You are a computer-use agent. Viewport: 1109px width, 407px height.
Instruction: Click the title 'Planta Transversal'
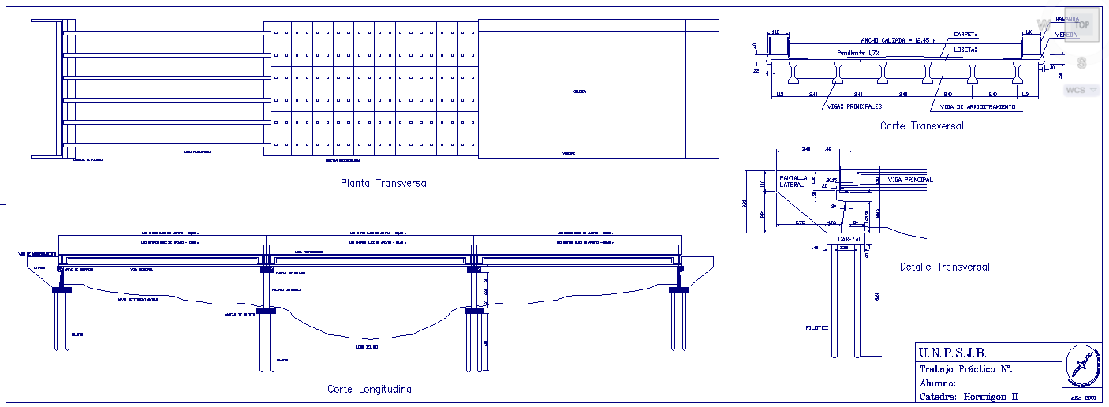click(384, 184)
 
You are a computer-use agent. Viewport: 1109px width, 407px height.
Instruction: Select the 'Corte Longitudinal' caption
click(370, 389)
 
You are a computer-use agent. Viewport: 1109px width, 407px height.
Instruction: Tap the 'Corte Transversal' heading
click(921, 125)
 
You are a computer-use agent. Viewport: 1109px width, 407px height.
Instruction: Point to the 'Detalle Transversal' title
click(944, 267)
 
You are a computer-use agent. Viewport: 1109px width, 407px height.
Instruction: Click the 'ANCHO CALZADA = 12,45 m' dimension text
click(898, 39)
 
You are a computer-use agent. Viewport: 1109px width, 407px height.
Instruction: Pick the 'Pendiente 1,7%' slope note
click(858, 53)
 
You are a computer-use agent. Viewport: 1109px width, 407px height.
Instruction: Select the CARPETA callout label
click(965, 35)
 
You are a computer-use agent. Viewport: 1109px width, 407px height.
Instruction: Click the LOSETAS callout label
click(965, 50)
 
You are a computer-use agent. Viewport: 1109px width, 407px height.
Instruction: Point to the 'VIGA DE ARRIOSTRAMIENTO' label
click(978, 106)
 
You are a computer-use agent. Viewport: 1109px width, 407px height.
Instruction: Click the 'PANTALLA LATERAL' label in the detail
click(793, 181)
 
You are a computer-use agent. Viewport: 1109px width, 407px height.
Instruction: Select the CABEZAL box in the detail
click(849, 238)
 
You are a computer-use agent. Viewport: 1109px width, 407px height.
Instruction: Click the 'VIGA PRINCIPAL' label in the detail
click(910, 180)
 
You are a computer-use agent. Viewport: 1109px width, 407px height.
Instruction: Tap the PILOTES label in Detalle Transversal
click(817, 327)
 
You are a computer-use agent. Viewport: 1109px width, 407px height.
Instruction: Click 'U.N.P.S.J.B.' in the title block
click(953, 353)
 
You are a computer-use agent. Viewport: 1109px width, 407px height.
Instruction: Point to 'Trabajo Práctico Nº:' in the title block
click(965, 368)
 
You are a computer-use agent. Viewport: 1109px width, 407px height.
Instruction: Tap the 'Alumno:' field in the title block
click(938, 383)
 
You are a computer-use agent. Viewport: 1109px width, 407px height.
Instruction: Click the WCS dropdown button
click(1081, 90)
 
